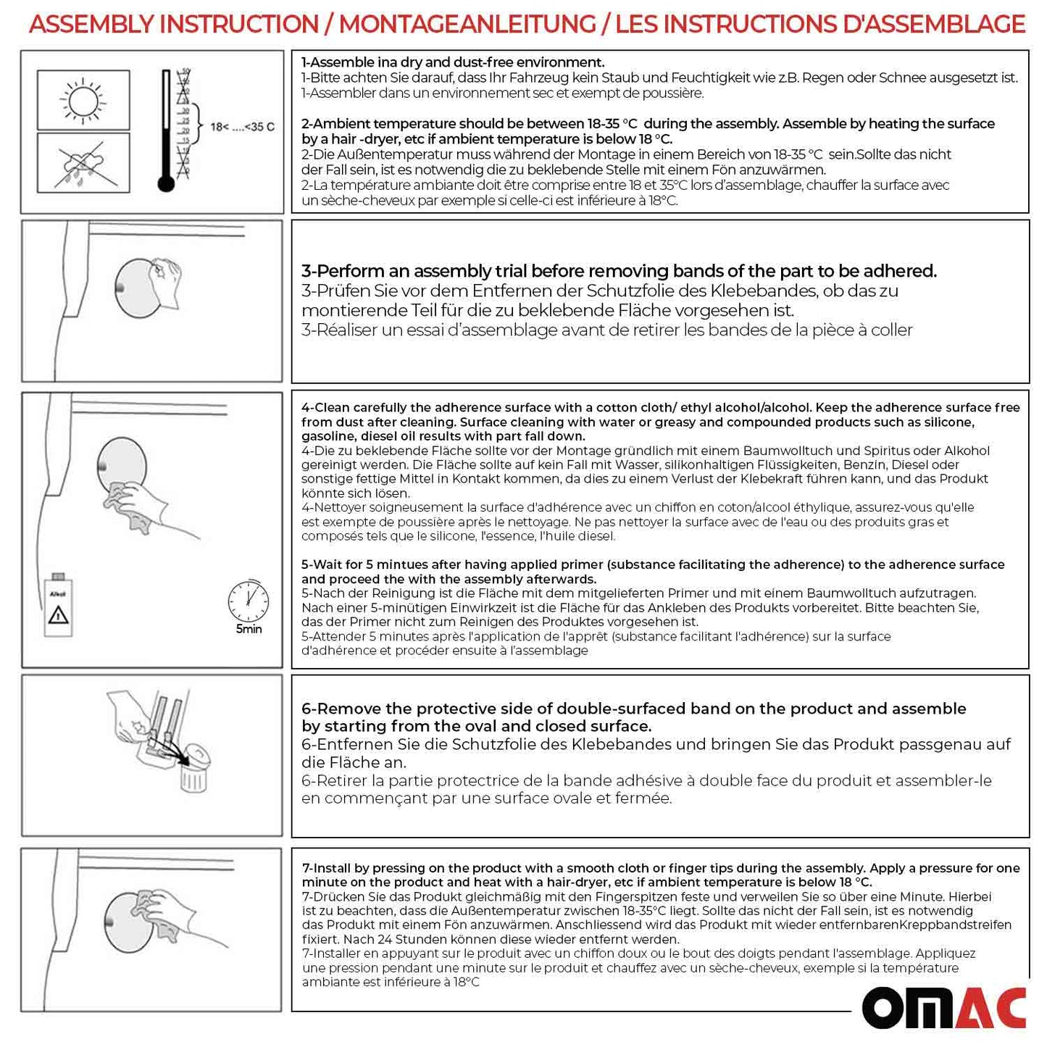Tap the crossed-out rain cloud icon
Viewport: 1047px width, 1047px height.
coord(83,164)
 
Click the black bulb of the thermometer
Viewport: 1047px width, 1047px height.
coord(166,183)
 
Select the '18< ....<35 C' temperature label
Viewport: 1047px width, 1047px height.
coord(242,128)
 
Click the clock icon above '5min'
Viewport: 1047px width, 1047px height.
coord(249,601)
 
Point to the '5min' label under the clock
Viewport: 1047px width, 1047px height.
coord(249,629)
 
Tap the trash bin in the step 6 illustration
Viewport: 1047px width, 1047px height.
coord(193,775)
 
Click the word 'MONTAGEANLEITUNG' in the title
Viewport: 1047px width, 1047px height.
coord(467,24)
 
